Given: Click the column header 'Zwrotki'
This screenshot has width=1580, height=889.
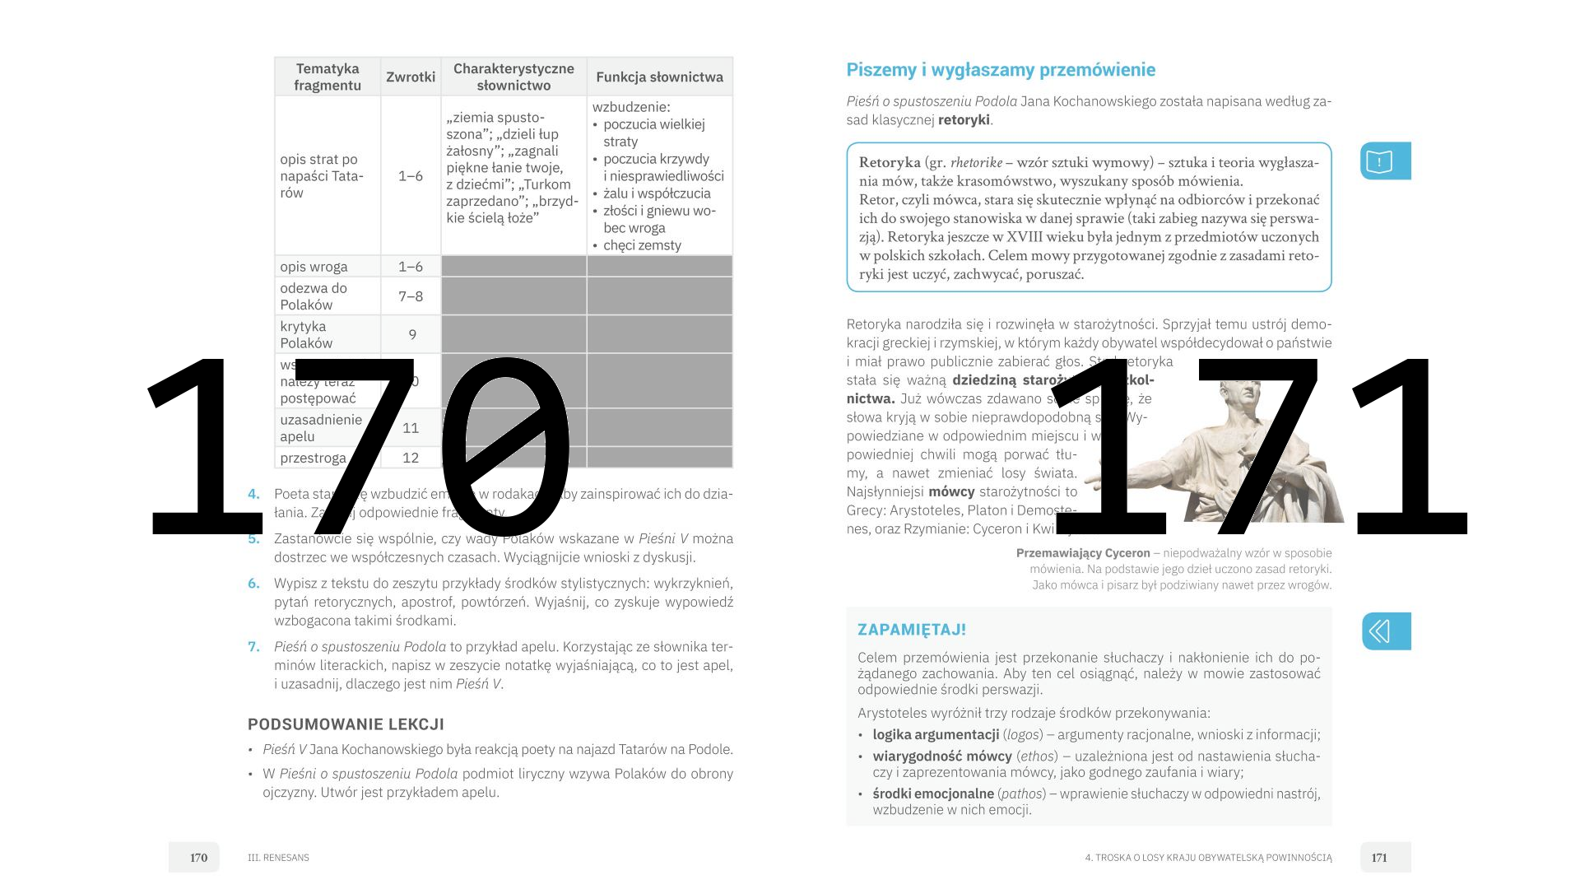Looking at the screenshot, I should pos(411,77).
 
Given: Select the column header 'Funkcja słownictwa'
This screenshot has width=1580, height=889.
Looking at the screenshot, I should pos(659,77).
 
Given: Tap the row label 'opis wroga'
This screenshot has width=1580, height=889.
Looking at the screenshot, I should pos(314,267).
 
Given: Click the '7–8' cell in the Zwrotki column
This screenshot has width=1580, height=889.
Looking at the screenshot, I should pos(411,296).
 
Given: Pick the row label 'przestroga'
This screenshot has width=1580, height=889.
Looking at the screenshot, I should pos(313,458).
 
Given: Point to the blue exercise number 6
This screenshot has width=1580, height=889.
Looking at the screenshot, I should pos(253,584).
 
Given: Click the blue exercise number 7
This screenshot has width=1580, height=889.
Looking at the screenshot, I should pos(253,647).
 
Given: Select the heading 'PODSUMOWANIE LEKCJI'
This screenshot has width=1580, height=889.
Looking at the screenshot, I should pos(346,724).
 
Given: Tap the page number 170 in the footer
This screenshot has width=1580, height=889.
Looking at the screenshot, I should pos(198,858).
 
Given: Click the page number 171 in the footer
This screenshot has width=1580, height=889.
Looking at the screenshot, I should pos(1379,858).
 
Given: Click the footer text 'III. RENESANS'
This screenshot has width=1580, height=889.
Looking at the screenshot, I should pos(278,858).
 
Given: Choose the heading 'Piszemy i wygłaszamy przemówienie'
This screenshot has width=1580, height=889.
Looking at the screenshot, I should pos(1001,70).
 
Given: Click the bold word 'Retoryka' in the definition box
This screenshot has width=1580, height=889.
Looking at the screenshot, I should pos(890,162).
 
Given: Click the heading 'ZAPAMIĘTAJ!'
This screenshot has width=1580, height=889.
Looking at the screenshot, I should pos(912,630).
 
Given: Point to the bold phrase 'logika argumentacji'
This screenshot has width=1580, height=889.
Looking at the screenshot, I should pos(936,735).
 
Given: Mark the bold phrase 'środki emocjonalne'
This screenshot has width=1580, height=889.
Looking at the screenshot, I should pos(933,794).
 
